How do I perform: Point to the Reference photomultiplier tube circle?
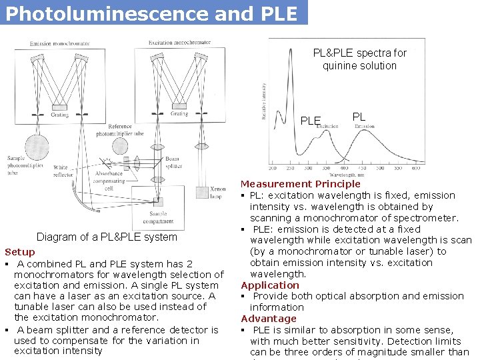(x=120, y=146)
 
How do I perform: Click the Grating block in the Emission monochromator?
(x=59, y=107)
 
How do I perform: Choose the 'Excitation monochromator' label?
(x=179, y=43)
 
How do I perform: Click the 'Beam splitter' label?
(x=172, y=163)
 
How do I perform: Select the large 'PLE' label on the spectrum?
(x=311, y=121)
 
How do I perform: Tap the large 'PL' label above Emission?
(x=359, y=117)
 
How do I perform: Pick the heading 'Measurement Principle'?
(x=300, y=184)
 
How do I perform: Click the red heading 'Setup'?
(x=20, y=252)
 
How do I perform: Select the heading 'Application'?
(x=270, y=285)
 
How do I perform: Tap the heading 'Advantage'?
(x=268, y=319)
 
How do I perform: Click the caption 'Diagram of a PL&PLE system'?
(x=107, y=237)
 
